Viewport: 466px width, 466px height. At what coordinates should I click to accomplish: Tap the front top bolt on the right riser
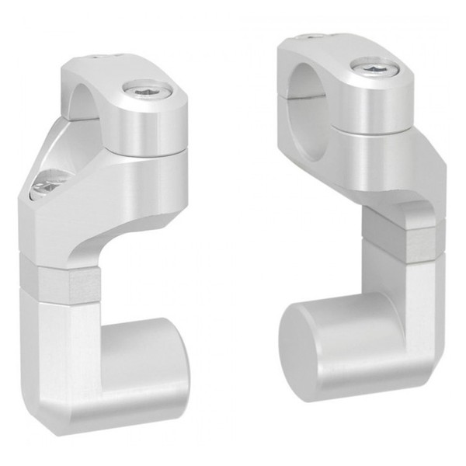click(375, 68)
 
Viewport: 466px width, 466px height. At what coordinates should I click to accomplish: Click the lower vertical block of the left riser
click(62, 349)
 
